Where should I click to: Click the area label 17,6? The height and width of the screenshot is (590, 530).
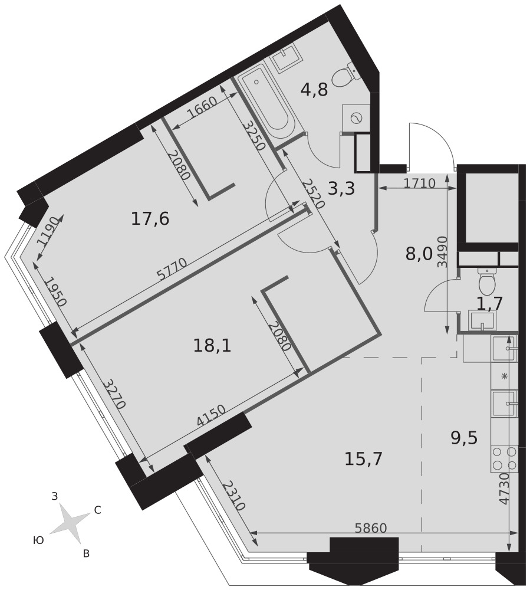[150, 219]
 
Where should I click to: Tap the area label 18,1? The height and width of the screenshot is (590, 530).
[212, 345]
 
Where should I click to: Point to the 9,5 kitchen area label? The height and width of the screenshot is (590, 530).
[464, 438]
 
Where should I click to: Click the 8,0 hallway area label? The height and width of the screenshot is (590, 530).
[419, 255]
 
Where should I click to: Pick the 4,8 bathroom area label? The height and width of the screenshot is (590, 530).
[315, 90]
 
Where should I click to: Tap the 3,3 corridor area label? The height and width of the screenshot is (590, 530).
[341, 189]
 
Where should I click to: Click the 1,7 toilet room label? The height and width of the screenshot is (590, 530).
[490, 303]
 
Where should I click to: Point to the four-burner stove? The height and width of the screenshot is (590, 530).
[504, 458]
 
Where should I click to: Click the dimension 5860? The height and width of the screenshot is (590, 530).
[371, 528]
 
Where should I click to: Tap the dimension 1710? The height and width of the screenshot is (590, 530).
[420, 183]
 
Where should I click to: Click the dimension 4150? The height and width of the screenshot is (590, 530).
[211, 415]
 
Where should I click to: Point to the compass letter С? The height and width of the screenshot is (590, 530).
[97, 510]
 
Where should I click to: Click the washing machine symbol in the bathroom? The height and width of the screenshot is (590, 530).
[355, 119]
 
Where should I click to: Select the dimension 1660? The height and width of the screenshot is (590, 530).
[202, 107]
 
